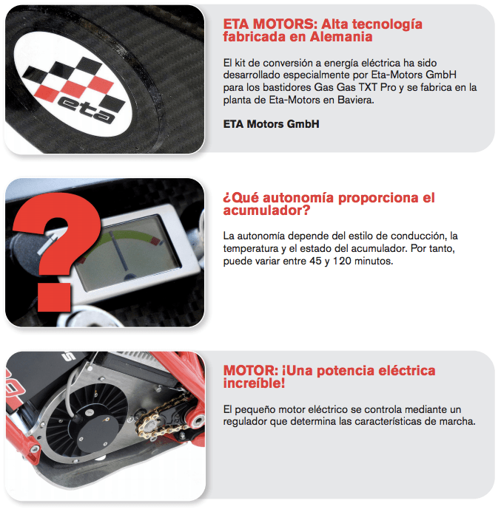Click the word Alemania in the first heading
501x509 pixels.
tap(341, 37)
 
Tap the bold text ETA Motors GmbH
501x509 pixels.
tap(271, 124)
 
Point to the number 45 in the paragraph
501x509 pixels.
tap(315, 261)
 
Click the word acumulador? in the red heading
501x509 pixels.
tap(266, 211)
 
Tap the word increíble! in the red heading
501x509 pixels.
tap(254, 383)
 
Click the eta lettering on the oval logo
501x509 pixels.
tap(87, 109)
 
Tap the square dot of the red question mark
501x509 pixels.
tap(54, 297)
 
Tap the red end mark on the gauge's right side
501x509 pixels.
tap(156, 241)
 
